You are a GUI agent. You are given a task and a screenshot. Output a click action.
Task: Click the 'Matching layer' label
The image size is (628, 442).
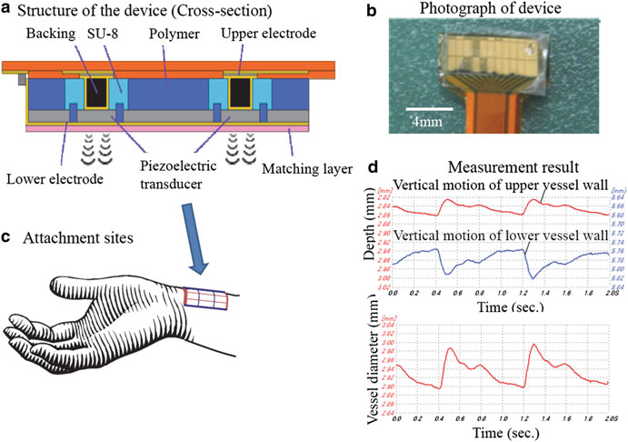299,166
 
